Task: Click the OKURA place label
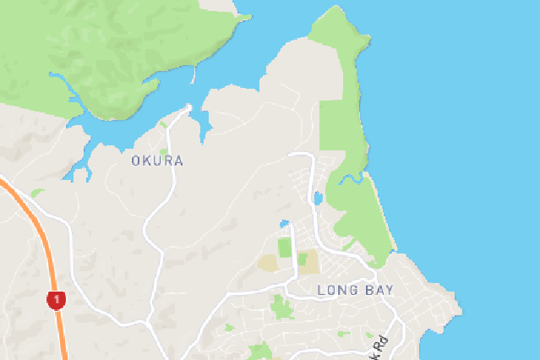[157, 161]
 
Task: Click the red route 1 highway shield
[56, 300]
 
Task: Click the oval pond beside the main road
[317, 199]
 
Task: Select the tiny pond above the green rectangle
[285, 224]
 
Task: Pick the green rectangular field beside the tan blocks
[285, 248]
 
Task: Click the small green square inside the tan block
[302, 259]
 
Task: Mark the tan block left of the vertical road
[270, 263]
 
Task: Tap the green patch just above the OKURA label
[163, 126]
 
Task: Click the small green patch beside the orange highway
[35, 194]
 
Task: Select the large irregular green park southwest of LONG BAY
[280, 306]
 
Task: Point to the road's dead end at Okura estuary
[188, 107]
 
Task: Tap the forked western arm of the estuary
[80, 169]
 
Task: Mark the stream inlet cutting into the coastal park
[351, 178]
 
